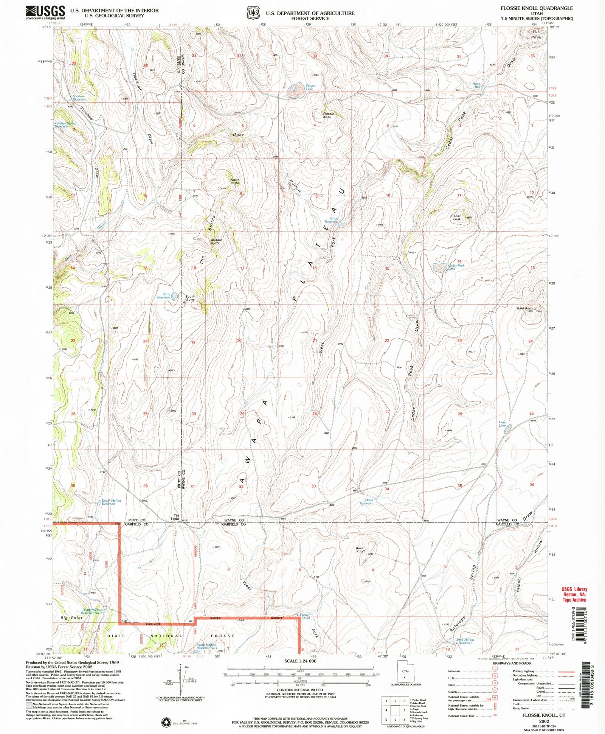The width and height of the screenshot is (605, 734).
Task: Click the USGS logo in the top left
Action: pyautogui.click(x=45, y=13)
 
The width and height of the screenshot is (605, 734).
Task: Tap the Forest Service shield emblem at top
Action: pyautogui.click(x=253, y=12)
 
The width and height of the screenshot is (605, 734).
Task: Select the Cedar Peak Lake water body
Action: pyautogui.click(x=439, y=268)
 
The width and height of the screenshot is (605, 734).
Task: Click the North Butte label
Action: pyautogui.click(x=235, y=181)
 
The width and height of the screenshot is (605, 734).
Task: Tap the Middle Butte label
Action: pyautogui.click(x=216, y=241)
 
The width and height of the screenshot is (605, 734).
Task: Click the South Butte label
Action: pyautogui.click(x=190, y=298)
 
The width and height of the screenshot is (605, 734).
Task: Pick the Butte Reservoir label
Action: pyautogui.click(x=164, y=295)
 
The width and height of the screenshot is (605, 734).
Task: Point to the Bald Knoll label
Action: pyautogui.click(x=525, y=308)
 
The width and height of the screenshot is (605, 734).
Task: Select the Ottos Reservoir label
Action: pyautogui.click(x=366, y=502)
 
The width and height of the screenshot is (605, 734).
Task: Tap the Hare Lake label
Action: pyautogui.click(x=502, y=424)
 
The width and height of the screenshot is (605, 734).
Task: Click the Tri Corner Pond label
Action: pyautogui.click(x=302, y=616)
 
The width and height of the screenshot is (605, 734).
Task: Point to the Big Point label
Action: pyautogui.click(x=71, y=618)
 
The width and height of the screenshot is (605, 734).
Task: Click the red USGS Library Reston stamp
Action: pyautogui.click(x=574, y=594)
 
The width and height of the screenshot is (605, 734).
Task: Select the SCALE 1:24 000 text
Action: pyautogui.click(x=300, y=661)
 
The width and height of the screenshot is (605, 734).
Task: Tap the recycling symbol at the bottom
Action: pyautogui.click(x=166, y=722)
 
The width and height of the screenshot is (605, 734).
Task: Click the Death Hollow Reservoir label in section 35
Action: pyautogui.click(x=112, y=502)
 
